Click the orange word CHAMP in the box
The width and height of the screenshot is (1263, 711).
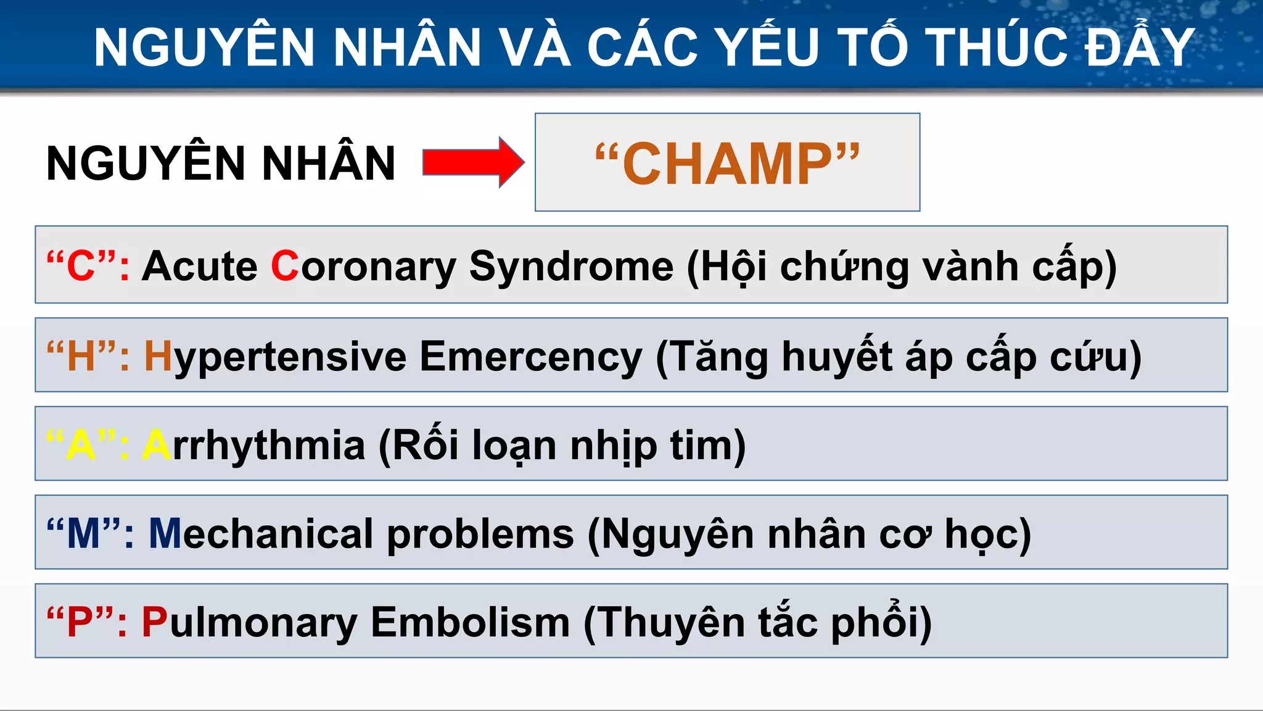pyautogui.click(x=727, y=164)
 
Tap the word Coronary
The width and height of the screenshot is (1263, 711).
pyautogui.click(x=363, y=267)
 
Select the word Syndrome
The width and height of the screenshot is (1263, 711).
pyautogui.click(x=571, y=267)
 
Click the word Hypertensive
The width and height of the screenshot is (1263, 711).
pyautogui.click(x=275, y=357)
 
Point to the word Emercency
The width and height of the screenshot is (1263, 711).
pyautogui.click(x=531, y=357)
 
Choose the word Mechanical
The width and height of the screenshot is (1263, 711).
pyautogui.click(x=261, y=534)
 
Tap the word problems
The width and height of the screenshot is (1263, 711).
pyautogui.click(x=480, y=534)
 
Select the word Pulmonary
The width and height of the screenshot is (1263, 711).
pyautogui.click(x=249, y=622)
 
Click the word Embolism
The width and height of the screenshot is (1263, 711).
pyautogui.click(x=470, y=622)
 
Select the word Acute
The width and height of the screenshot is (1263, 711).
pyautogui.click(x=199, y=267)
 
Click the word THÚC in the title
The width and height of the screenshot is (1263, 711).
pyautogui.click(x=997, y=48)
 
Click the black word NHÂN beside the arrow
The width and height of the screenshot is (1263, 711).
pyautogui.click(x=328, y=163)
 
